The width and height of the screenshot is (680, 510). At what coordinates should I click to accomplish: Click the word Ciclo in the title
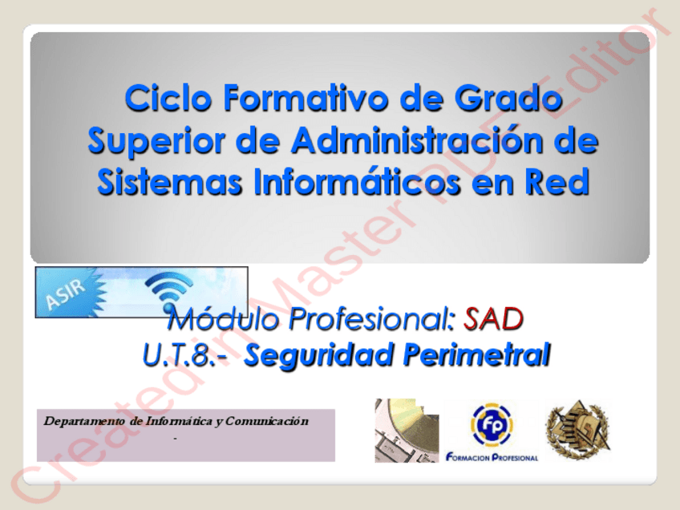pos(168,98)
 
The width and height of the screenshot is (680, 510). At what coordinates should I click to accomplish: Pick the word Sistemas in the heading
pos(169,181)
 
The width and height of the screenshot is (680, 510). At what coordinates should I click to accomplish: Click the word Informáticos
pos(358,181)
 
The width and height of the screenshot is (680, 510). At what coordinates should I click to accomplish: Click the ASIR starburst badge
pos(71,293)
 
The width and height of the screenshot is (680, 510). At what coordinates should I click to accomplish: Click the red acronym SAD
pos(493,319)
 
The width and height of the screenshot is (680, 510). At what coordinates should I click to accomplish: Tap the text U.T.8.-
pos(185,354)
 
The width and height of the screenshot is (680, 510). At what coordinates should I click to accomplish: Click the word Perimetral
pos(477,354)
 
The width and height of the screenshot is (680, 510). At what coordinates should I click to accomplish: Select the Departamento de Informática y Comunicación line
pos(176,421)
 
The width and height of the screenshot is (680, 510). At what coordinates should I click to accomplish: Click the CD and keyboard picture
pos(407,430)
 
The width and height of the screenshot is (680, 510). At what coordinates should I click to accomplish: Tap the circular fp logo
pos(492,424)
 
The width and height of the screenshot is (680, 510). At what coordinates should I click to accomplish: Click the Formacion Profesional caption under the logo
pos(492,458)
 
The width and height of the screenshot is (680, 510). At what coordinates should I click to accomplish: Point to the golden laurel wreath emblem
pos(578,430)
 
